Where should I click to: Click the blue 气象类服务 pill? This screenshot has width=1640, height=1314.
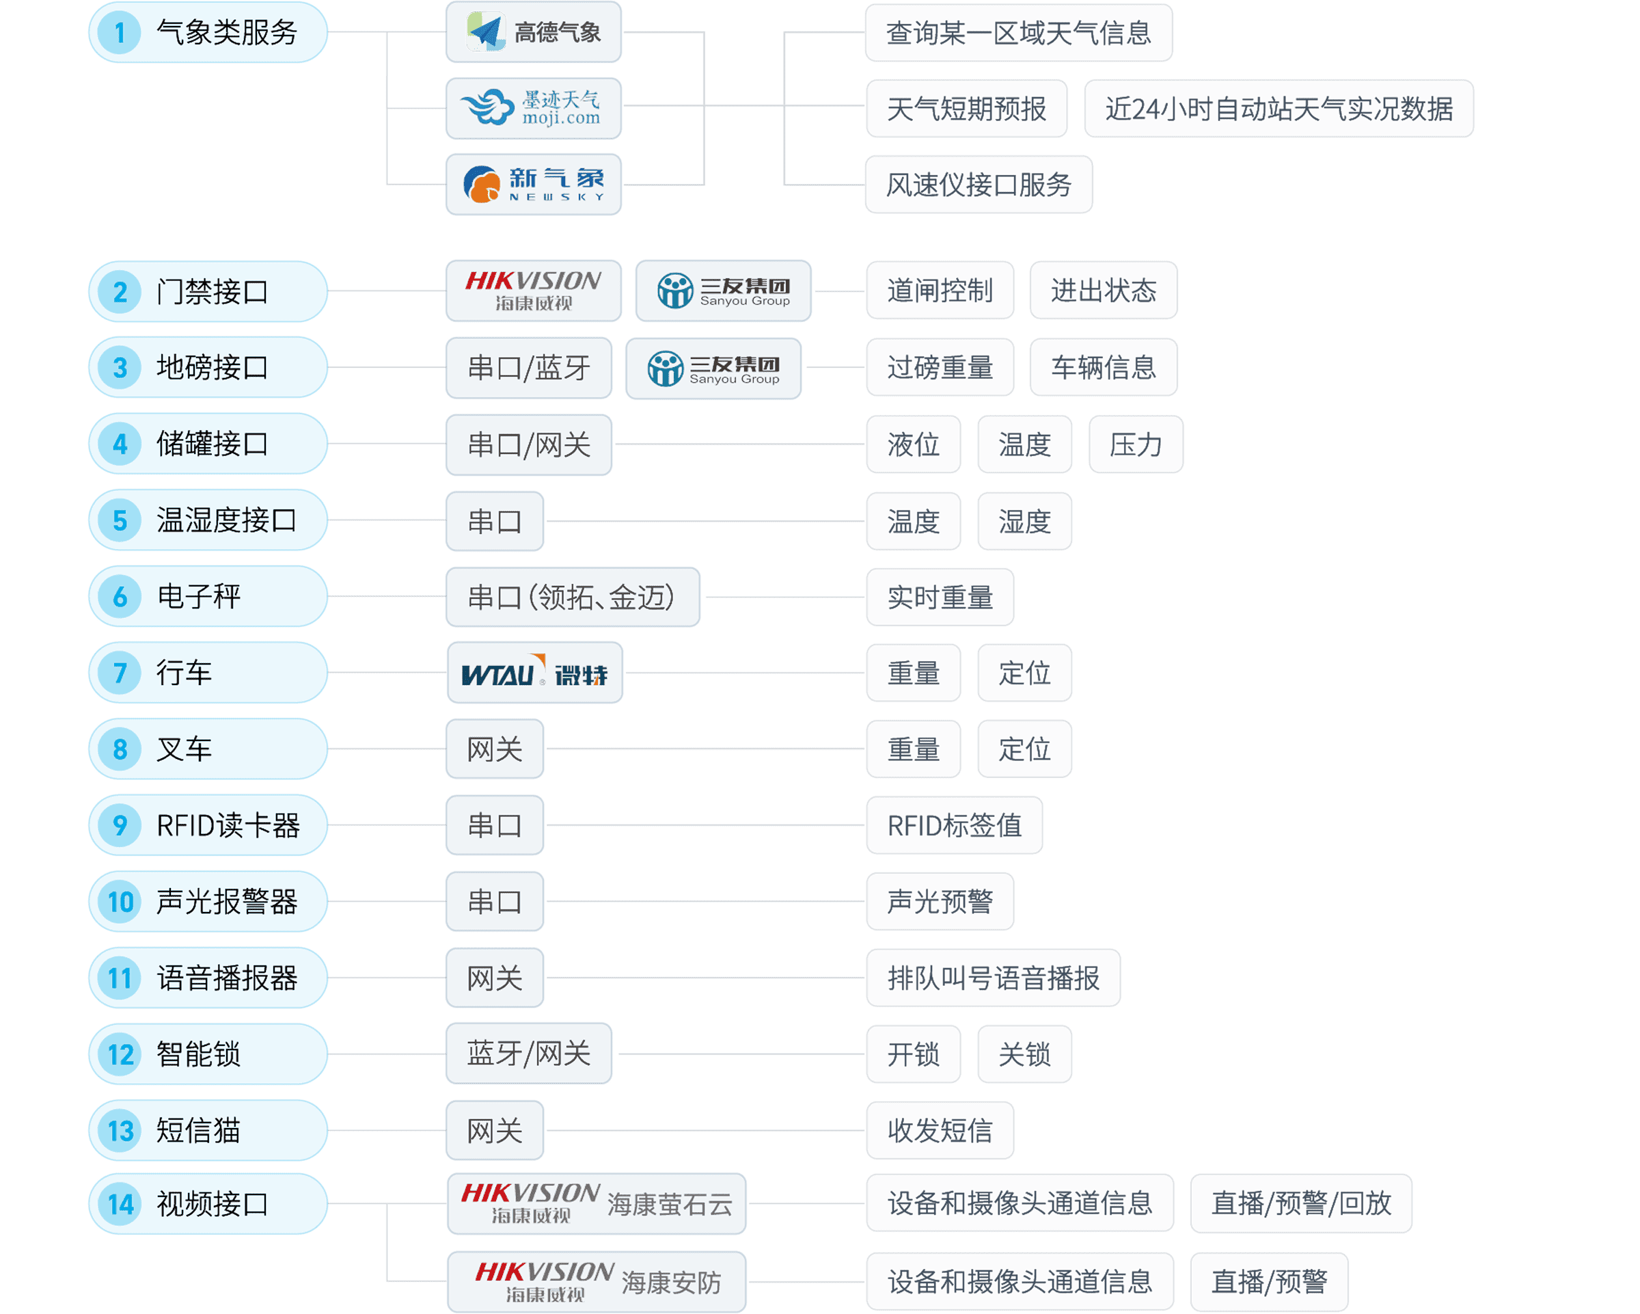(208, 32)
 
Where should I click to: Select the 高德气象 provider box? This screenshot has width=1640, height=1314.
(533, 32)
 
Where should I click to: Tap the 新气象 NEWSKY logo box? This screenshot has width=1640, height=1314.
(533, 184)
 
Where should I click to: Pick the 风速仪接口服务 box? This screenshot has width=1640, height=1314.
(979, 184)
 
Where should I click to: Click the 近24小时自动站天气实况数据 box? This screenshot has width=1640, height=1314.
(1279, 109)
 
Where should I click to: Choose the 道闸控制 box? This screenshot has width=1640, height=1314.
(940, 291)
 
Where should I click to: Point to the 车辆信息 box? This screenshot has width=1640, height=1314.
(1103, 368)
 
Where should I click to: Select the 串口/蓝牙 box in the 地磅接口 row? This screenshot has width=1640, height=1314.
(529, 368)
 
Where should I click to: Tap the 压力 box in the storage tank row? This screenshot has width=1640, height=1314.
(1136, 444)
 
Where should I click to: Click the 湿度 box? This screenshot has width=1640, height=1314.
(1024, 521)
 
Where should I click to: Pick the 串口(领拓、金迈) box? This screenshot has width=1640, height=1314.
(572, 598)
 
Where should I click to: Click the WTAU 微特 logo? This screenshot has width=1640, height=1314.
(535, 673)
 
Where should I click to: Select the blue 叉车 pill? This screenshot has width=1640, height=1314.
(208, 749)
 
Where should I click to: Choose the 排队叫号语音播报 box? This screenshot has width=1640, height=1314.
(993, 978)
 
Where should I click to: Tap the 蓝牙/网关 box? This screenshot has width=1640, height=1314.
(529, 1054)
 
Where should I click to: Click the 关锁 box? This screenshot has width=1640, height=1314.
(1024, 1054)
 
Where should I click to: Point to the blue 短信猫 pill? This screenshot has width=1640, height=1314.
(208, 1131)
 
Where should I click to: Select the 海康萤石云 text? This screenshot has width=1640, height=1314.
(670, 1205)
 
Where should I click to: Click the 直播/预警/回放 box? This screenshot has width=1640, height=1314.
(1301, 1204)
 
